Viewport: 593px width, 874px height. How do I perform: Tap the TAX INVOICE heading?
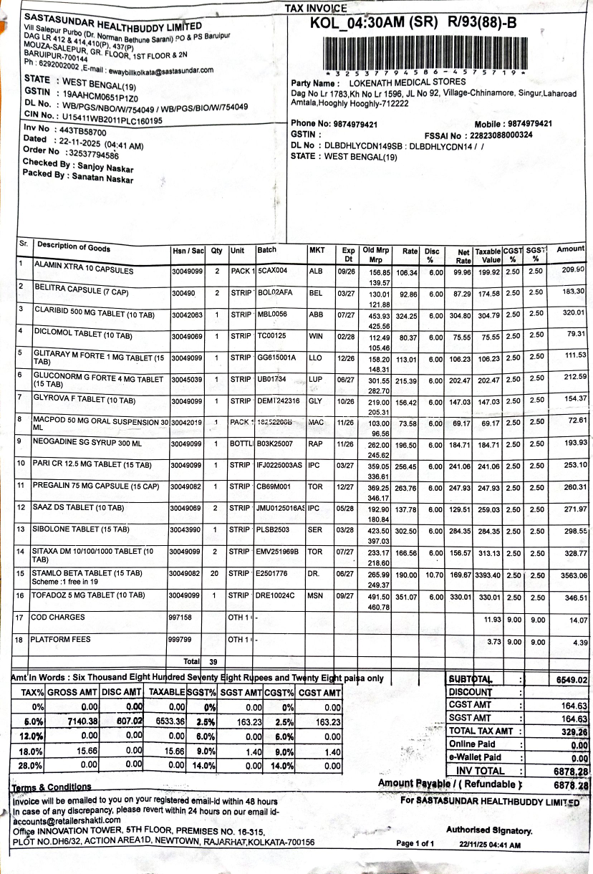(316, 9)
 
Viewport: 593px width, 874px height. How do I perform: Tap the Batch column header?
(267, 250)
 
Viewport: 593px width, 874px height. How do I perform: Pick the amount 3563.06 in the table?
(569, 575)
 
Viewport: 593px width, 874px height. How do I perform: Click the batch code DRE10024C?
(275, 595)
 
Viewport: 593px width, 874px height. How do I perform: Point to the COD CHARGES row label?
(58, 618)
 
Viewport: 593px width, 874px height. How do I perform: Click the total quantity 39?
(213, 662)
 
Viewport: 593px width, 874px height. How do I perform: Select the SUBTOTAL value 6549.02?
(570, 680)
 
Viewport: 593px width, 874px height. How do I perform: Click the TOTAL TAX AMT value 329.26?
(574, 732)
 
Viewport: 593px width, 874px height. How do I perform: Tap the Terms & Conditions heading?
(52, 787)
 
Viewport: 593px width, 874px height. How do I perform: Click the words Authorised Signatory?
(489, 831)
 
